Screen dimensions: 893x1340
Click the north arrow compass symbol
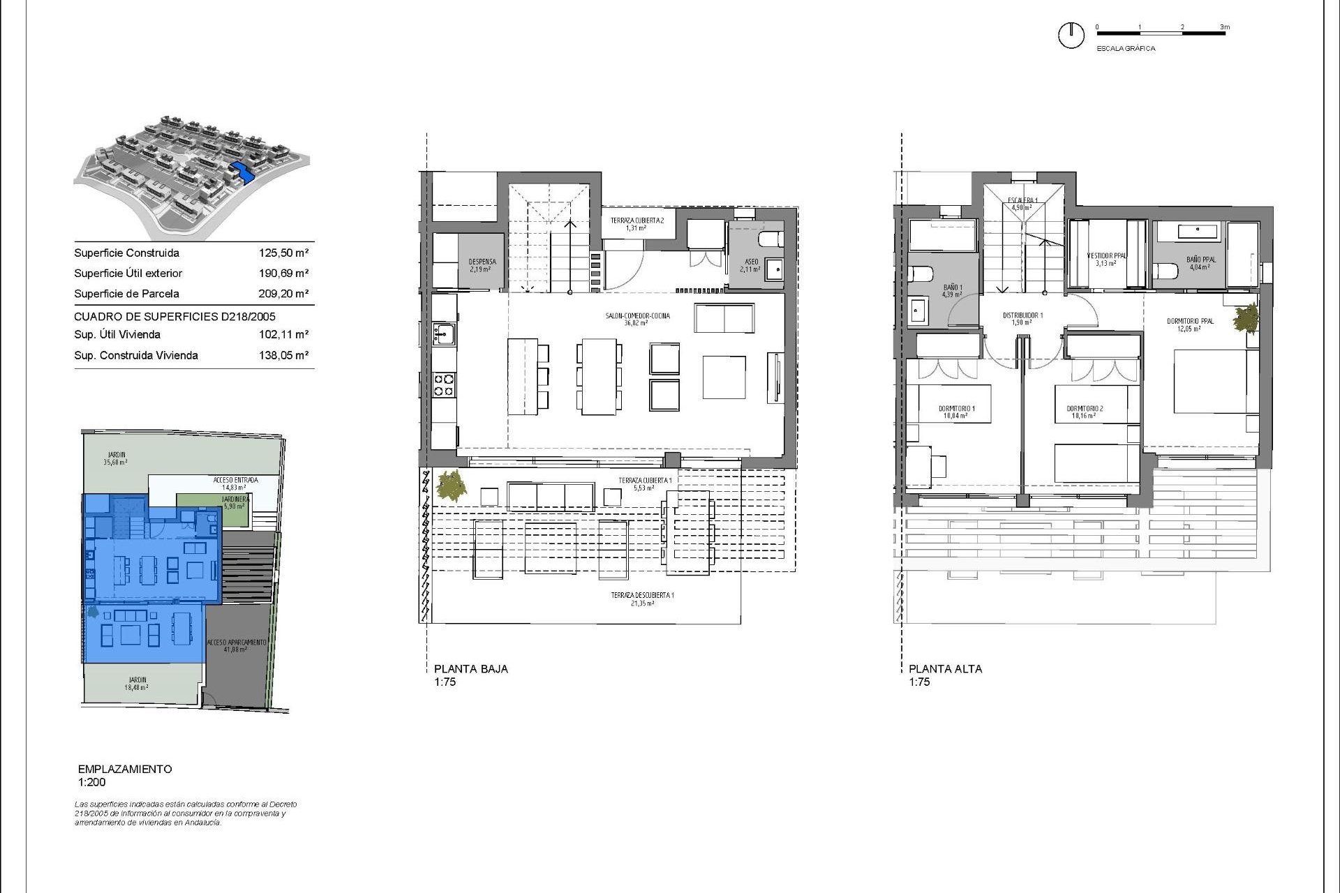tap(1071, 36)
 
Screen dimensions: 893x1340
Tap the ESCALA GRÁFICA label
tap(1126, 49)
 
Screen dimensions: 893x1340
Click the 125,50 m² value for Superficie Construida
tap(283, 253)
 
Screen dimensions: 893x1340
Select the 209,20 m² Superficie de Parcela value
tap(283, 294)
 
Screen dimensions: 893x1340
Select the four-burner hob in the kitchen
tap(445, 385)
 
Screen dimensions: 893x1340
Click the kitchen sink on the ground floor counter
tap(442, 334)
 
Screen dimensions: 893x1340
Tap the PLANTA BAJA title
tap(470, 668)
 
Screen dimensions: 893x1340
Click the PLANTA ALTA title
tap(945, 668)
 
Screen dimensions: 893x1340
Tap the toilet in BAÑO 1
tap(919, 274)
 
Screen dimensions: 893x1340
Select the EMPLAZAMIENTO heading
tap(125, 769)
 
